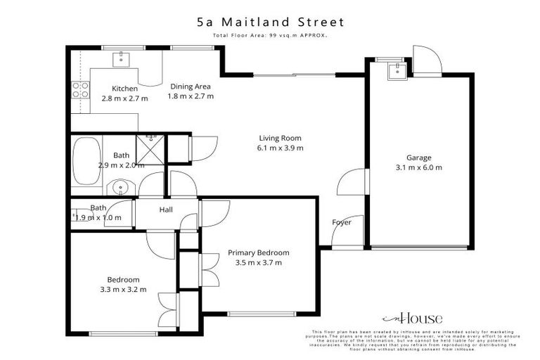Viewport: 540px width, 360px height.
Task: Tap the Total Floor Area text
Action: click(x=270, y=34)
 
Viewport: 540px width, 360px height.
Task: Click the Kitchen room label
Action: click(x=124, y=89)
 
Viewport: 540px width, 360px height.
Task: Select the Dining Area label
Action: click(x=191, y=86)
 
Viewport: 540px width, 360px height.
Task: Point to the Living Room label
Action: click(x=280, y=138)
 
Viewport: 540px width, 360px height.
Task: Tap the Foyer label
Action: click(x=342, y=223)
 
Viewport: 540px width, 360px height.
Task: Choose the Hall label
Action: click(x=166, y=210)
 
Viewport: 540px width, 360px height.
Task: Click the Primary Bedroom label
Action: click(x=258, y=252)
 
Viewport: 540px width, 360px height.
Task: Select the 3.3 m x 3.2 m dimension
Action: click(x=123, y=289)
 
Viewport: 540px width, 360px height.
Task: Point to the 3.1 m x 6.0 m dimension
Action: click(x=418, y=167)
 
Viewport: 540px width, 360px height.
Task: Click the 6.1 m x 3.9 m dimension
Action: click(x=280, y=148)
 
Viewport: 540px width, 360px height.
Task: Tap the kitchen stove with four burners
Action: click(x=79, y=89)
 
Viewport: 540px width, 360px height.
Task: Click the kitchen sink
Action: click(x=120, y=56)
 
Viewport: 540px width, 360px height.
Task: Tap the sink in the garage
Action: click(x=397, y=70)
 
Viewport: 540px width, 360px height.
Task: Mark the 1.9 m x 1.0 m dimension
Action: click(x=98, y=218)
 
